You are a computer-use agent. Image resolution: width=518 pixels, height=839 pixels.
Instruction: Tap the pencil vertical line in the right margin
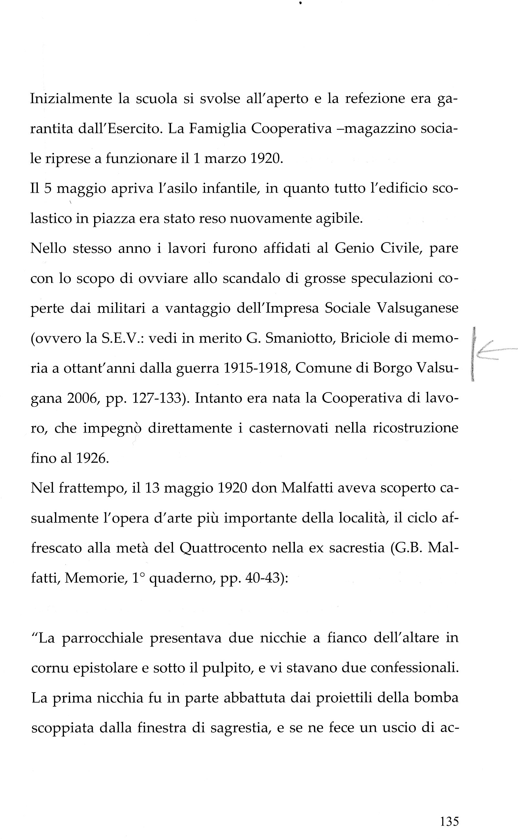(474, 354)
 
